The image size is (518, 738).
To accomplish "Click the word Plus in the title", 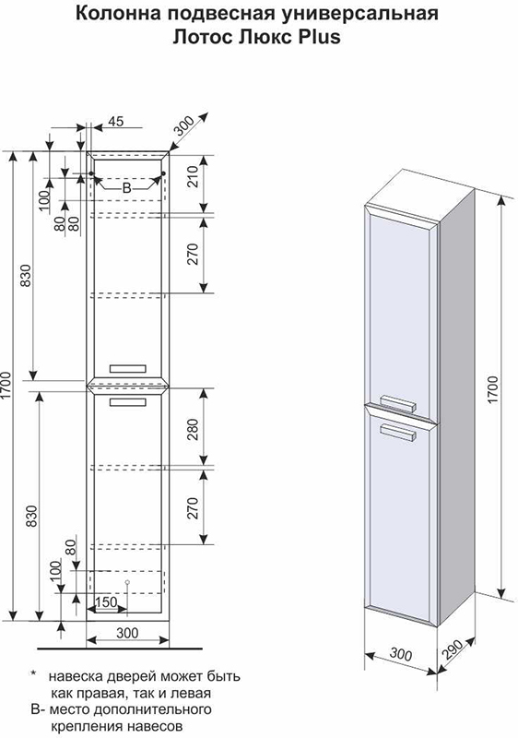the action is point(318,36).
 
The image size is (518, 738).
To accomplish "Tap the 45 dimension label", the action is point(115,121).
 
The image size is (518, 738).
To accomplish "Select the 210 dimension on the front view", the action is point(194,176).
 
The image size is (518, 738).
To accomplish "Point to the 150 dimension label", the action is point(106,602).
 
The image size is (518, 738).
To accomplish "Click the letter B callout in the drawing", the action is point(127,188).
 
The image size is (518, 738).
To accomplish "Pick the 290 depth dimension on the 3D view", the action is point(453,651).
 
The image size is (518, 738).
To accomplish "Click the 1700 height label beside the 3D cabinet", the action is point(492,388).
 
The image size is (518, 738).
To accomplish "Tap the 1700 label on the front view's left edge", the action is point(6,386).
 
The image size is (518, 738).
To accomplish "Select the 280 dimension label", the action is point(194,429).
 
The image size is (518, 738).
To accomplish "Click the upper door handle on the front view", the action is point(128,368).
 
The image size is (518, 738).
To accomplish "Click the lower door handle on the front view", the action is point(128,402).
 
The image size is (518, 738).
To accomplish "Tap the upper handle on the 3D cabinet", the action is point(398,403).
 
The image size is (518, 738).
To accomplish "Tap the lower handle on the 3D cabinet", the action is point(398,432).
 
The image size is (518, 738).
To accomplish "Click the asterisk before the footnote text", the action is point(33,674).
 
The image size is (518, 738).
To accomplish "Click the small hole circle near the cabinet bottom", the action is point(127,583).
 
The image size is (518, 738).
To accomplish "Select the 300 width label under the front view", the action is point(127,633).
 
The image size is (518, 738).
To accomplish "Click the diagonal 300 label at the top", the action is point(183,125).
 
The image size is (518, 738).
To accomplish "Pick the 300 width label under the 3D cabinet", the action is point(401,654).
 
